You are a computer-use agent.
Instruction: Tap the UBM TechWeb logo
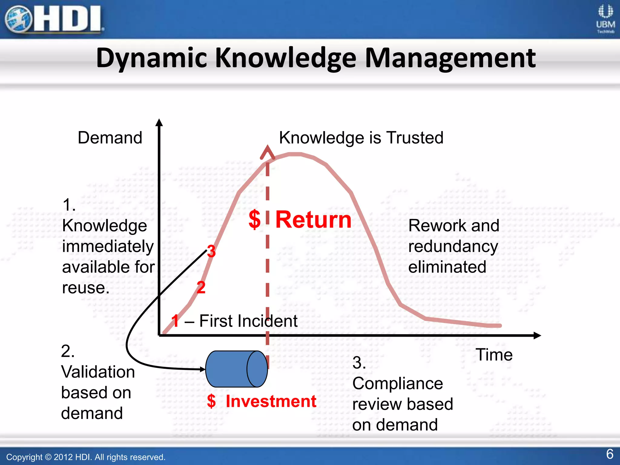[605, 19]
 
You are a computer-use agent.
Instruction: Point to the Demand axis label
[110, 138]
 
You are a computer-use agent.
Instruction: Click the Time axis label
[494, 355]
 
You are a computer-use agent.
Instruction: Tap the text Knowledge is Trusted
[361, 138]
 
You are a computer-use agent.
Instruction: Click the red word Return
[313, 219]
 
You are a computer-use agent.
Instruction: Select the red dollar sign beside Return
[255, 219]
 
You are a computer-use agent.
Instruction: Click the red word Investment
[271, 401]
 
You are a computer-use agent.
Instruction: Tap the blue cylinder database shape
[236, 369]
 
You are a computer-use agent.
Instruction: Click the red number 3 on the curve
[211, 251]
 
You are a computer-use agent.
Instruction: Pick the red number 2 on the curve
[201, 287]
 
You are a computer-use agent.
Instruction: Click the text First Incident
[248, 321]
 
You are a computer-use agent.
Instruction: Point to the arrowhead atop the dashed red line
[267, 151]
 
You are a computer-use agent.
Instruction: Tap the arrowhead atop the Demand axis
[159, 122]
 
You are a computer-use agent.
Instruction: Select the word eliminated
[447, 267]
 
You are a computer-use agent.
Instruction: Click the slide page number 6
[610, 454]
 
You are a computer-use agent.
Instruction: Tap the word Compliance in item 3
[397, 384]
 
